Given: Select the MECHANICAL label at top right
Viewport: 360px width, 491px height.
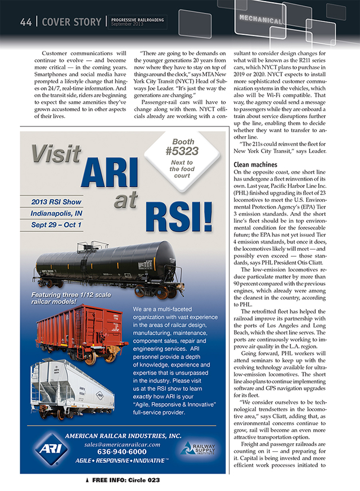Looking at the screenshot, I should (260, 20).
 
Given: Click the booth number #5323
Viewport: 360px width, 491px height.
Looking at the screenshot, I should (182, 151).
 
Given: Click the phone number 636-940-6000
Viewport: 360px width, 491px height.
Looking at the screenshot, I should (121, 452).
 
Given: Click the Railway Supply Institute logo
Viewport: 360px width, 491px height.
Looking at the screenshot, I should (197, 448).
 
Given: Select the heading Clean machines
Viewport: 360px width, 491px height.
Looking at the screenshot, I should (256, 165).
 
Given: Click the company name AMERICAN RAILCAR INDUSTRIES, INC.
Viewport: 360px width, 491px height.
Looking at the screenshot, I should (123, 435).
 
